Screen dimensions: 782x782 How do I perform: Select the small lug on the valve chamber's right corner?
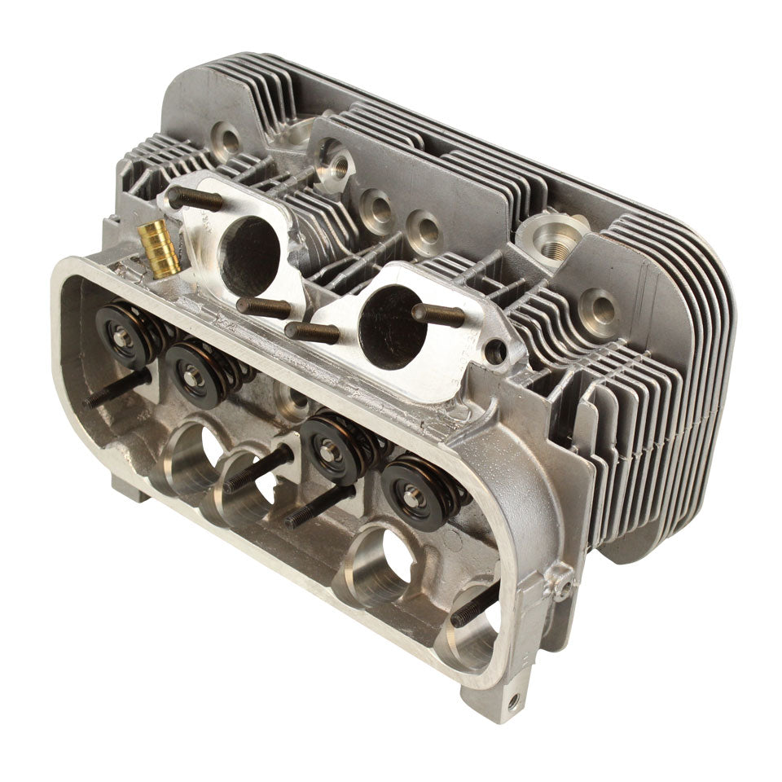click(x=561, y=582)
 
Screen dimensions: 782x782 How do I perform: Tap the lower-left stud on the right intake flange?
click(x=312, y=332)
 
